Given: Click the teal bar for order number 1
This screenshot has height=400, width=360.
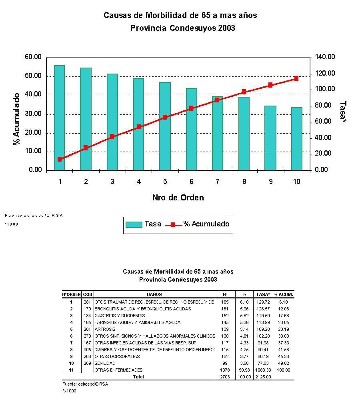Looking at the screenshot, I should [x=59, y=118].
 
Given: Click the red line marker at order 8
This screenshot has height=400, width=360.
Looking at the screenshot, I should [x=244, y=92].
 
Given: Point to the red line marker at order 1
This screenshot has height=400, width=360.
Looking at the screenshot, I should [x=60, y=159].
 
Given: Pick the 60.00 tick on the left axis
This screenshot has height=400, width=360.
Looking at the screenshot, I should [x=33, y=57].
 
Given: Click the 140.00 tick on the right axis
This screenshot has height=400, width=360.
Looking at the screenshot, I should [x=325, y=57].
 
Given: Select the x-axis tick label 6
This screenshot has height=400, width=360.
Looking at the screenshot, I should [x=191, y=182].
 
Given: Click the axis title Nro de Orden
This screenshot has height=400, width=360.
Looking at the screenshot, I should [x=178, y=198].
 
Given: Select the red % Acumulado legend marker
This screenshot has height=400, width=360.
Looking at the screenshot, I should [x=173, y=224].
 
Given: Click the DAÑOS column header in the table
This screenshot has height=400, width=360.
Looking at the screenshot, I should [x=154, y=294].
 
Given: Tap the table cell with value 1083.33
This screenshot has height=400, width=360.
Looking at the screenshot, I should [x=263, y=370].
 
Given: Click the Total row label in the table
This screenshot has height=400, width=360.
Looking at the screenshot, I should [x=139, y=377].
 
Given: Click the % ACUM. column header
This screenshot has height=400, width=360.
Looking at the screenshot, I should [x=283, y=294].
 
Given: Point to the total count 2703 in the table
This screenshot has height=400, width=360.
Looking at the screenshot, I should [x=225, y=377].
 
